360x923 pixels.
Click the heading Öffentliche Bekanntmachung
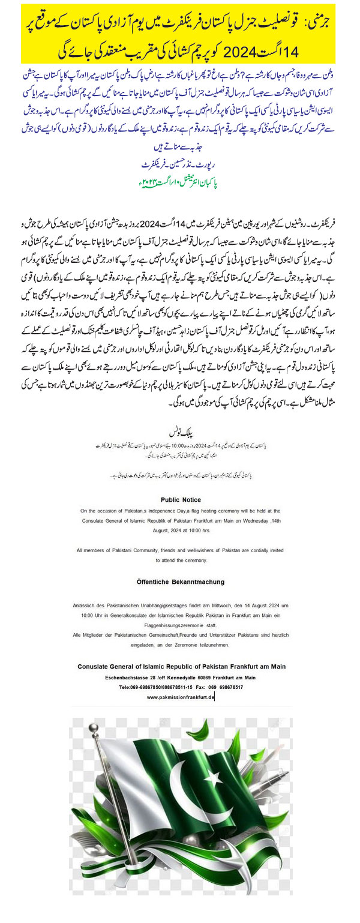coord(180,582)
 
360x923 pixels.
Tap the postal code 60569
coord(210,678)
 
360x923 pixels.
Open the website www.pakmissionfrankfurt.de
coord(180,697)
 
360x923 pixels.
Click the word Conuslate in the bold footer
coord(97,667)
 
